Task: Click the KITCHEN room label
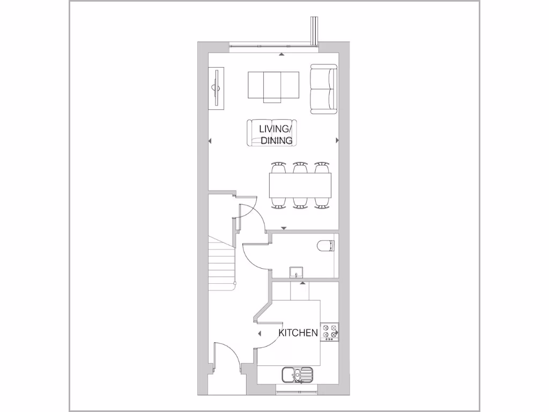pos(298,333)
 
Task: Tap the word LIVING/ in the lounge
pos(277,129)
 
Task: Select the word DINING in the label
pos(277,141)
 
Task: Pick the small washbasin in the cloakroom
pos(296,273)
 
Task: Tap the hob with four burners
pos(329,333)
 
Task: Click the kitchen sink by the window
pos(296,374)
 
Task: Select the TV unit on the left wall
pos(217,89)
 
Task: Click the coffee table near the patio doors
pos(273,85)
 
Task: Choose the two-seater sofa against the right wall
pos(323,89)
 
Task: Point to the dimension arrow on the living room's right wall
pos(337,141)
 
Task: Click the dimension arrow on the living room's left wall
pos(210,141)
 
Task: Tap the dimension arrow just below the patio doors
pos(281,54)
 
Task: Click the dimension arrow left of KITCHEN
pos(259,334)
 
